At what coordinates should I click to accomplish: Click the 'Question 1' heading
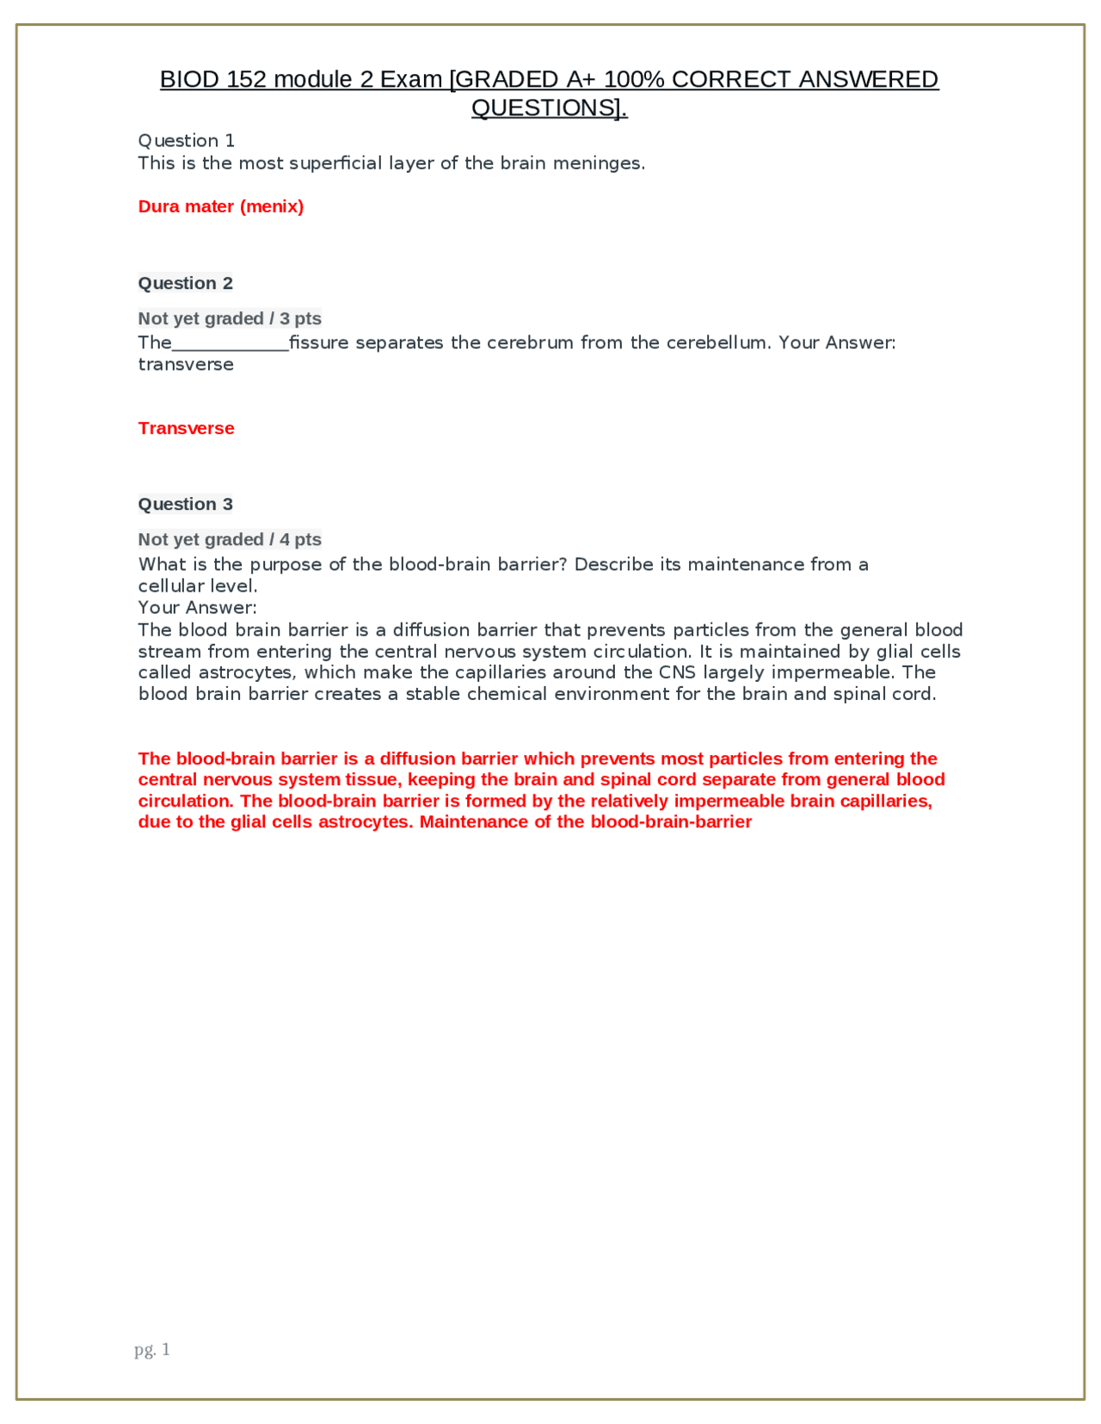(186, 141)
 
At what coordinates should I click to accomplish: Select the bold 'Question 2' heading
(185, 283)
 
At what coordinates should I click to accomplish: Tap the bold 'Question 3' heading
(185, 504)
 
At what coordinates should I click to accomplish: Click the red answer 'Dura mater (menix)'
(220, 206)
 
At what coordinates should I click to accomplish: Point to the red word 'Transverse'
(186, 428)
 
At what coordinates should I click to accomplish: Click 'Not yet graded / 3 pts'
(229, 318)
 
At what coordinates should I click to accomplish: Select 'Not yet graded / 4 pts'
(229, 539)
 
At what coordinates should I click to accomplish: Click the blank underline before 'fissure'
(231, 344)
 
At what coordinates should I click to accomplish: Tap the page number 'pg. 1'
(152, 1349)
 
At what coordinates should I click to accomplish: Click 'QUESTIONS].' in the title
(550, 108)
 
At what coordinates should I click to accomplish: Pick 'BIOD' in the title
(189, 80)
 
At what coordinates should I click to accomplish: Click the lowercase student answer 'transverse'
(186, 365)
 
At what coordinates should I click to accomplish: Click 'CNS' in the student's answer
(677, 672)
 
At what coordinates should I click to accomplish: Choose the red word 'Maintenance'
(474, 822)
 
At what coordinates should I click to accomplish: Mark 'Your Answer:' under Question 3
(197, 608)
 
